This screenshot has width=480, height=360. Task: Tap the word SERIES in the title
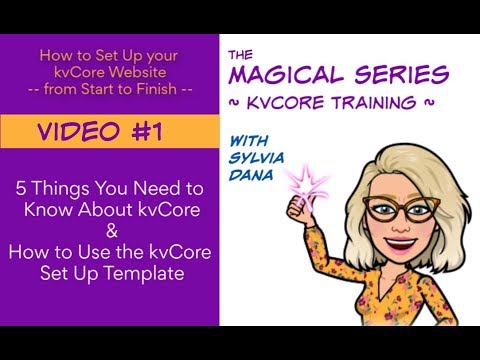tap(401, 74)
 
